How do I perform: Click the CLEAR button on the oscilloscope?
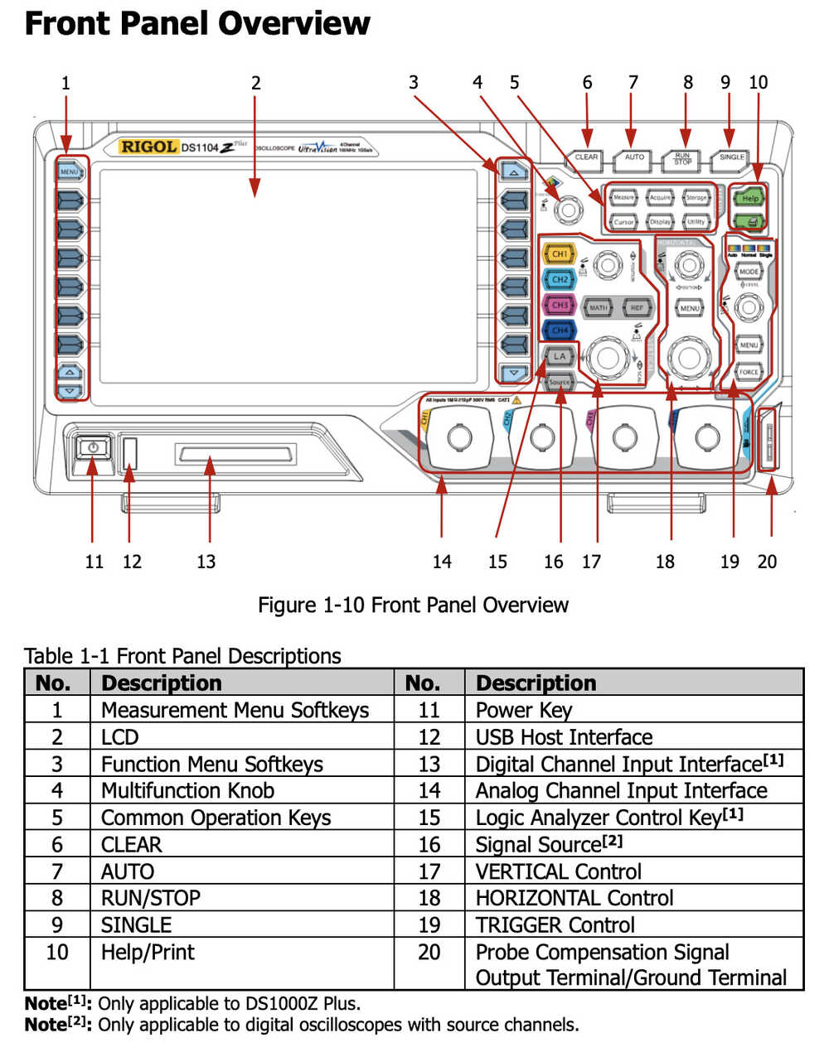[x=586, y=157]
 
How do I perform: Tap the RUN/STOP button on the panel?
[x=682, y=158]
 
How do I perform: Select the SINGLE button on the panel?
[x=731, y=157]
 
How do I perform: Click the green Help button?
[x=749, y=199]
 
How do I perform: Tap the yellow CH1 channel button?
[x=560, y=254]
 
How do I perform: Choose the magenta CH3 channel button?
[x=560, y=306]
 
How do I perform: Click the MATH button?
[x=598, y=307]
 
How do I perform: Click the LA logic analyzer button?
[x=560, y=356]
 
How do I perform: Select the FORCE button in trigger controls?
[x=749, y=372]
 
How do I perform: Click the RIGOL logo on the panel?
[x=148, y=147]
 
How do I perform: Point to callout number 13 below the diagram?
[x=206, y=562]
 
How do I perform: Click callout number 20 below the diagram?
[x=767, y=562]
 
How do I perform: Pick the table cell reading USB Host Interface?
[x=564, y=737]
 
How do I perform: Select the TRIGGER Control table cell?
[x=555, y=924]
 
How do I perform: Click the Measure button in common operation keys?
[x=623, y=198]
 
